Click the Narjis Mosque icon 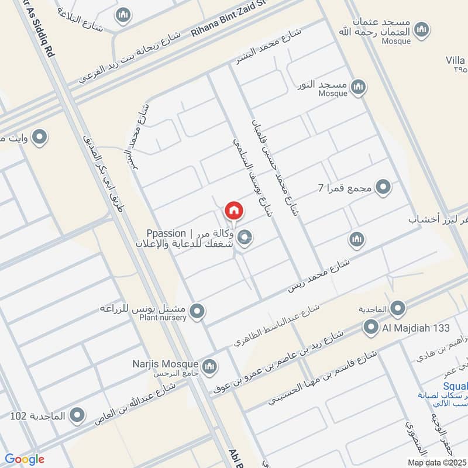click(x=210, y=367)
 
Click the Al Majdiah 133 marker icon click(x=370, y=327)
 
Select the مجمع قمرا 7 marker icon click(x=383, y=187)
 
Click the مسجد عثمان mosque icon click(x=421, y=29)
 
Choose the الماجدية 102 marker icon click(x=76, y=417)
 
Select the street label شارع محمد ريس click(x=319, y=274)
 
